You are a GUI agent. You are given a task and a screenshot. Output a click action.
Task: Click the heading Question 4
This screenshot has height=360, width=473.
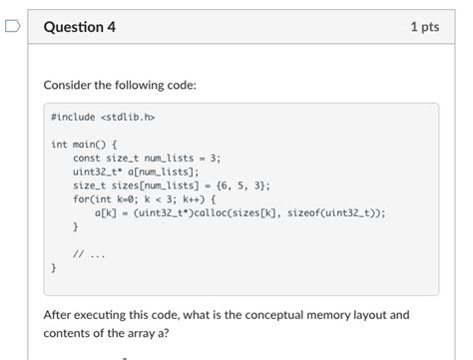point(80,27)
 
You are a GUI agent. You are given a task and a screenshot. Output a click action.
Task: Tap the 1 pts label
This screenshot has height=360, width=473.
point(424,27)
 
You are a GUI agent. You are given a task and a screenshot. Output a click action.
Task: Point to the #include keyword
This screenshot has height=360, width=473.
point(73,117)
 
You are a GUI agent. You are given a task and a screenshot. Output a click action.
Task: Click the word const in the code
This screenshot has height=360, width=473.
point(86,158)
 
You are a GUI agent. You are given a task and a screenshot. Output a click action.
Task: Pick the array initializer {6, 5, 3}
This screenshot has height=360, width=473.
point(241,185)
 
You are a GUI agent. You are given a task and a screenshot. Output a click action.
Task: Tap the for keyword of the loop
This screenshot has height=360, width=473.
point(81,199)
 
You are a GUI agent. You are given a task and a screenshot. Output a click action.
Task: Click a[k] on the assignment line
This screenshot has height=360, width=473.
point(106,212)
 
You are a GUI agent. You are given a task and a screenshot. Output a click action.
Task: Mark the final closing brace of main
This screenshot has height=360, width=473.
point(54,267)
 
